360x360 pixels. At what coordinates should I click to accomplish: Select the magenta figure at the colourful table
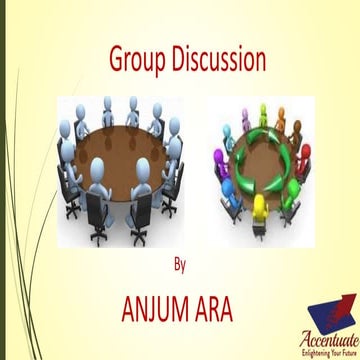218,158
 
